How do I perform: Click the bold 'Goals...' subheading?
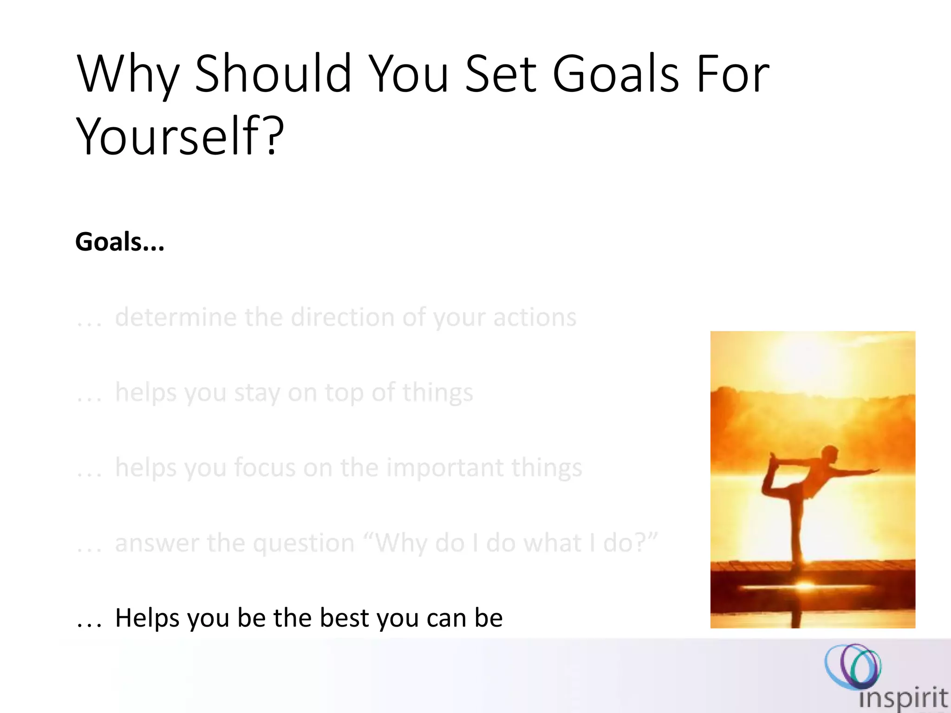point(120,242)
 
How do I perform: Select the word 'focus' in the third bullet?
point(265,467)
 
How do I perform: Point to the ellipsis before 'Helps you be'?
point(89,624)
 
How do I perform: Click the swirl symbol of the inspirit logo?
point(853,667)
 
